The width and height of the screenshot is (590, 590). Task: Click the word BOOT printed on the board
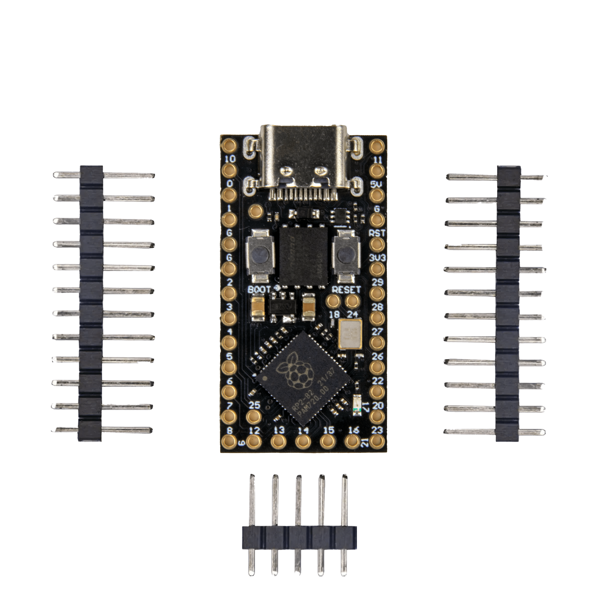pyautogui.click(x=259, y=289)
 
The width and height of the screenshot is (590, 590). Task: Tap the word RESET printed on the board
pyautogui.click(x=346, y=290)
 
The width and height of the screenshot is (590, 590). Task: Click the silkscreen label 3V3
pyautogui.click(x=377, y=258)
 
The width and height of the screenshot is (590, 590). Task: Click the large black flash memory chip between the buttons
pyautogui.click(x=303, y=256)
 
